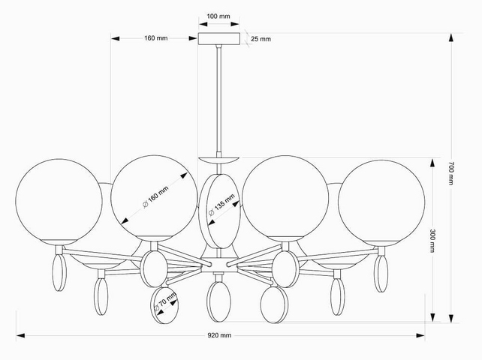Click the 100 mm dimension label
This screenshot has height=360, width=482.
point(218,16)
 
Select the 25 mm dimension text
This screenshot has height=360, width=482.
point(261,39)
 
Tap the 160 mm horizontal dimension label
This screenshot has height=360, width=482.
point(156,38)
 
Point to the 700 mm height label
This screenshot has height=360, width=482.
point(451,173)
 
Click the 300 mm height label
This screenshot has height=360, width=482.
point(432,241)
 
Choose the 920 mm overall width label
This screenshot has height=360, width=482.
point(219,335)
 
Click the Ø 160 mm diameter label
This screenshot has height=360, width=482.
point(155,197)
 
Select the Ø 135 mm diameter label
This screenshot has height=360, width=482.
point(221,205)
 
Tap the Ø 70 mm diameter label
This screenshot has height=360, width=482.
point(165,302)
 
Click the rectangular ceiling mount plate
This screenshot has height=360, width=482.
point(219,39)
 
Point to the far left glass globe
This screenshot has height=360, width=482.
point(59,202)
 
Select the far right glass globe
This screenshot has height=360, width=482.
point(381,203)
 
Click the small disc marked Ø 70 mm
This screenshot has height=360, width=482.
point(164,305)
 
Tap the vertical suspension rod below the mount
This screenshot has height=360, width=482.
point(219,100)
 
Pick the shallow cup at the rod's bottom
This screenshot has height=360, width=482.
point(218,160)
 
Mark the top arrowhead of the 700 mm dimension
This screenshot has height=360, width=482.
point(451,37)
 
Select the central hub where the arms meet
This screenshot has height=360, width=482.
point(219,265)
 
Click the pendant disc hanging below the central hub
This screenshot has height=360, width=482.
point(218,301)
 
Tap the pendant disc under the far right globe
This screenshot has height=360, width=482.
point(381,274)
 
